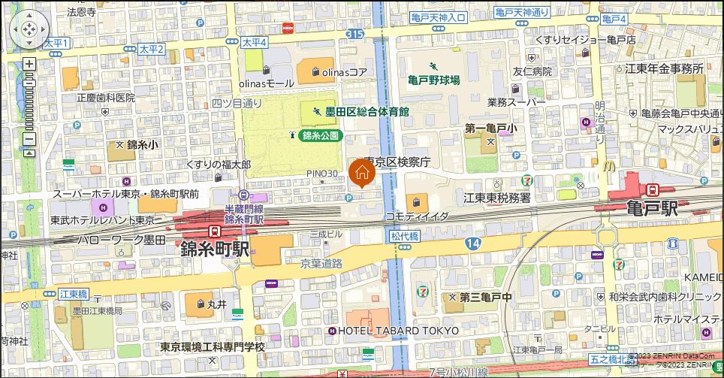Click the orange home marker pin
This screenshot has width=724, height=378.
361,172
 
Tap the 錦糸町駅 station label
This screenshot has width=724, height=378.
215,249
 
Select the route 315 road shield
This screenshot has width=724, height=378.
355,35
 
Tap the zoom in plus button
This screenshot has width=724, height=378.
29,64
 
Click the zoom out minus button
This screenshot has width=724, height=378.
29,138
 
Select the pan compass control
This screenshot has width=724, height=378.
29,29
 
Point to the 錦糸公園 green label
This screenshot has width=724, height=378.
321,136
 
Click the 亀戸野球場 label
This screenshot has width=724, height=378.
434,80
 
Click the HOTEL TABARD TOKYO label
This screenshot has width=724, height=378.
399,331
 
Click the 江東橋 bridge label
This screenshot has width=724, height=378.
73,292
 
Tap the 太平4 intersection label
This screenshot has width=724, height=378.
255,44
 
